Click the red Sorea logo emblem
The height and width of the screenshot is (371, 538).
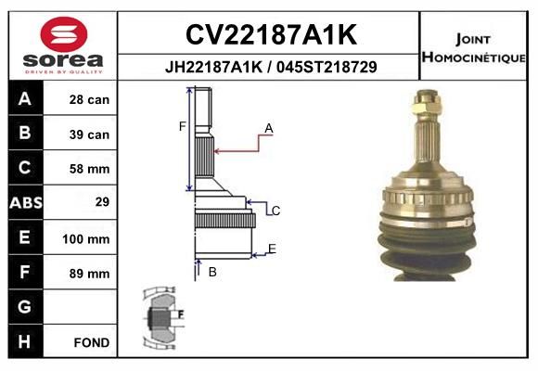click(x=64, y=34)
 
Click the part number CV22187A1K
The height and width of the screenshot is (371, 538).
click(x=271, y=34)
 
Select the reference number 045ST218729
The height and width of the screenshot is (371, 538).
click(x=327, y=67)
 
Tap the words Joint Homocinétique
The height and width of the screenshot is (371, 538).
click(x=473, y=48)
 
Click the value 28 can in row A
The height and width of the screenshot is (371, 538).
click(x=89, y=99)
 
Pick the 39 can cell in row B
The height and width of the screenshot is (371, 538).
click(x=89, y=134)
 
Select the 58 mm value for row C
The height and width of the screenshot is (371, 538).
click(x=89, y=169)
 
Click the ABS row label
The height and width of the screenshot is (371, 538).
click(x=26, y=202)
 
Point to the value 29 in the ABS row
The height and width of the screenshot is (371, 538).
click(x=102, y=201)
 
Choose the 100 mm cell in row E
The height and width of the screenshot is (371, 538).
click(x=85, y=239)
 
